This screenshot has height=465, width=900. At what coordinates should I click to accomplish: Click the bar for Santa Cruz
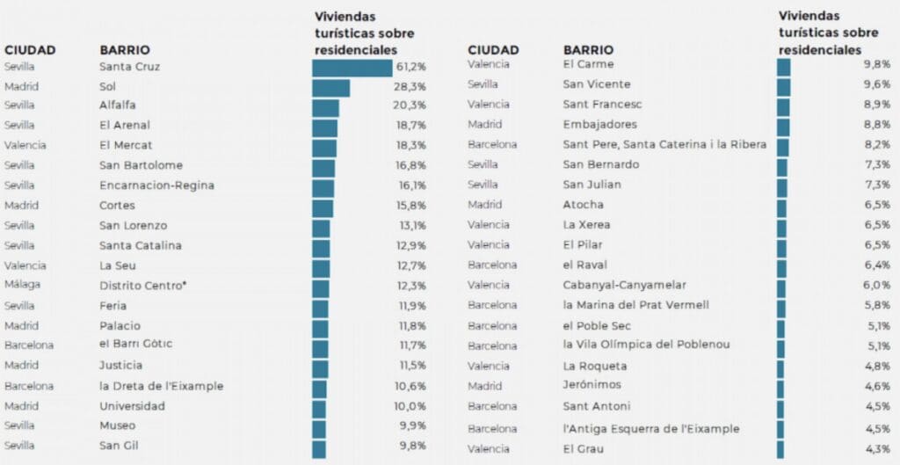(352, 68)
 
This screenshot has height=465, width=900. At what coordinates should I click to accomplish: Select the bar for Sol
(331, 87)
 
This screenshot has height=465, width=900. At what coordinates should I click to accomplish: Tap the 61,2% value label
(410, 67)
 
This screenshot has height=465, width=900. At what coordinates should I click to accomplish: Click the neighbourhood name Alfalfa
(117, 105)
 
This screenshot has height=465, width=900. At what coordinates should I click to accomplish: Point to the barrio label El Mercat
(126, 145)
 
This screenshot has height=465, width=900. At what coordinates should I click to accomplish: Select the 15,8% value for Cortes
(410, 206)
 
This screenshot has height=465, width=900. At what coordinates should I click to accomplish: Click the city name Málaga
(23, 285)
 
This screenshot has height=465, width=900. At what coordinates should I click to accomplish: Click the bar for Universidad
(319, 406)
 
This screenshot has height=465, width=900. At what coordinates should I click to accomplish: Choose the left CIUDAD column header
(30, 50)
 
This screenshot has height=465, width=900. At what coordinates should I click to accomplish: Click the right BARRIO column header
(588, 50)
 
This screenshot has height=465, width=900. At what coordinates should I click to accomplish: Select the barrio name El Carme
(588, 64)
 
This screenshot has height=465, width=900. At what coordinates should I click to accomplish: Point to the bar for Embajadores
(783, 125)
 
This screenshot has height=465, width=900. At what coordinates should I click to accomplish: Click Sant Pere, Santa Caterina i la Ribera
(664, 144)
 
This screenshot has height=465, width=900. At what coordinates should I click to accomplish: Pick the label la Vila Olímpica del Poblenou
(646, 345)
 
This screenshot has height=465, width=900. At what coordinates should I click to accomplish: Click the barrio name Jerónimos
(592, 386)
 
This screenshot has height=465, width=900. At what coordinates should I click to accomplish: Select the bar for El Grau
(780, 449)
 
